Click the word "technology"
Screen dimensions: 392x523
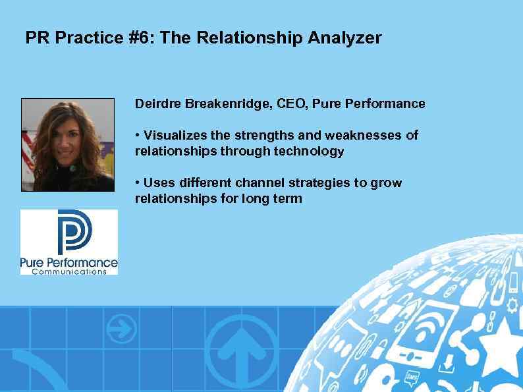(313, 152)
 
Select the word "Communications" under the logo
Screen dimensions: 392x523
(69, 271)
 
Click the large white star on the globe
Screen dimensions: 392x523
(502, 343)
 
